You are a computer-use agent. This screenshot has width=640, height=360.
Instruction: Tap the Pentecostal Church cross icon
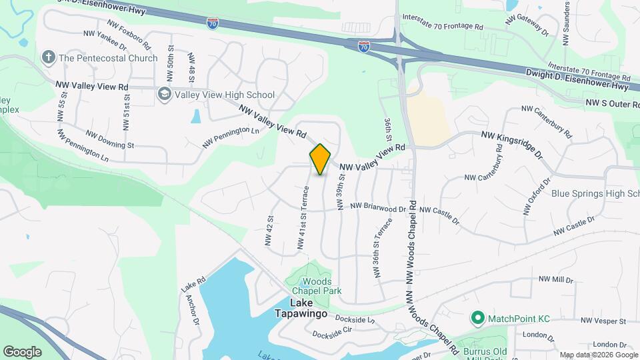pos(48,57)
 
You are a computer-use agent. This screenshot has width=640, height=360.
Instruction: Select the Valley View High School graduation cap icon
pos(164,95)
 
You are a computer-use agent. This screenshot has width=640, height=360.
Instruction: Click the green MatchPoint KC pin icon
pos(477,318)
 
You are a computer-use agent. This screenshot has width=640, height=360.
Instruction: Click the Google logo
pos(22,351)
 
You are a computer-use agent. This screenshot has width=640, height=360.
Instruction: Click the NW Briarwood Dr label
pos(377,207)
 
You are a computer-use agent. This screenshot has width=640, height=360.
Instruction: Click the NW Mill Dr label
pos(555,279)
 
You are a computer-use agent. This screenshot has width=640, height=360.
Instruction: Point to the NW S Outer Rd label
pos(612,104)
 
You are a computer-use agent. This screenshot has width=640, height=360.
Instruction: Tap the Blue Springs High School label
pos(595,194)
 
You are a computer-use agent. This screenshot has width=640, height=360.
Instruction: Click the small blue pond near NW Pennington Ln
pos(195,116)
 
